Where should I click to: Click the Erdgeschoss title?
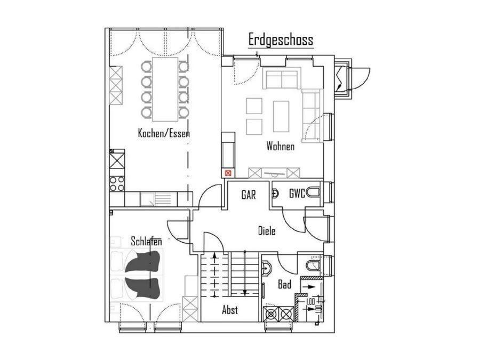tap(281, 40)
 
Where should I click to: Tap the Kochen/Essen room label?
tap(164, 133)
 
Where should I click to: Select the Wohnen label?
tap(281, 146)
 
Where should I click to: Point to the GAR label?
tap(249, 195)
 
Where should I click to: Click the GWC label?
tap(297, 194)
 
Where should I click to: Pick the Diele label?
tap(267, 230)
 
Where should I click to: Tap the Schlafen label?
tap(146, 241)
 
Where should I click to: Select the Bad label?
tap(284, 285)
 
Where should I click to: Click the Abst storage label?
tap(230, 310)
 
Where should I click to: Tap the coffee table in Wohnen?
tap(281, 116)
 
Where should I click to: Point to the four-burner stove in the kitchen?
tap(117, 183)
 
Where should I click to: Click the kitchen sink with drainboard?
tap(158, 199)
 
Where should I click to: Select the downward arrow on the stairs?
tap(244, 273)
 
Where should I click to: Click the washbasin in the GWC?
tap(275, 193)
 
